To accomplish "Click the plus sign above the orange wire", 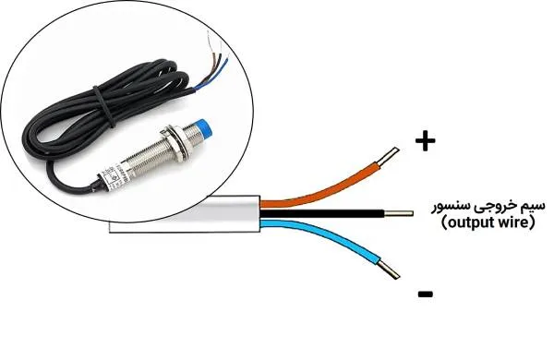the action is point(426,141).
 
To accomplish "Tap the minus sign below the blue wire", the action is point(426,294).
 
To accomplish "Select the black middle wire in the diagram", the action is point(322,213).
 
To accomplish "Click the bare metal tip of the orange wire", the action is point(389,156).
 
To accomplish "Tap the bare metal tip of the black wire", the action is point(399,213).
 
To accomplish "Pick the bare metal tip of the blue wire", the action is point(389,270).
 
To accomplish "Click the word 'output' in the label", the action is point(469,223).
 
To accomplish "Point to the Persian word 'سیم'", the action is point(533,207).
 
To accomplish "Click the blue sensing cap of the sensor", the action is point(204,127).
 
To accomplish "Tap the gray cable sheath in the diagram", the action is point(185,214).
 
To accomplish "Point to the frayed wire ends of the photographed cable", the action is point(214,60).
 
